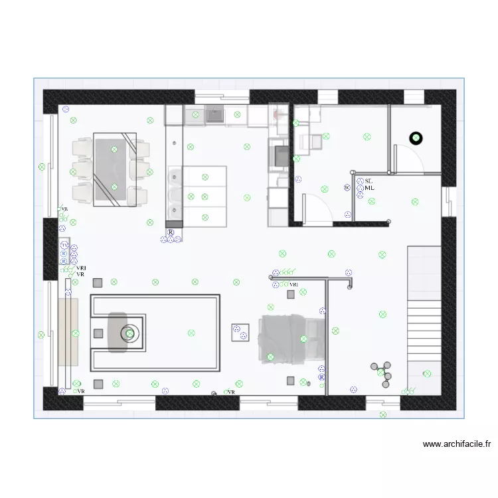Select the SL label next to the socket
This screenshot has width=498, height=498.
[x=369, y=181]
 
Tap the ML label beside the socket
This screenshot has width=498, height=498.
[x=370, y=188]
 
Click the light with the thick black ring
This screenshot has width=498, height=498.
[x=416, y=138]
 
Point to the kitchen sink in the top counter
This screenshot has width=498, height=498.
[x=215, y=116]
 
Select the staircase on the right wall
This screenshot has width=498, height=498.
[x=424, y=302]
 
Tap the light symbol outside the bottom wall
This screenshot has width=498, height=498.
[x=383, y=415]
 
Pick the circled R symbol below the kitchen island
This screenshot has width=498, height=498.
[x=171, y=233]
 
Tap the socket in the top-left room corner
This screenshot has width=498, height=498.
[x=65, y=110]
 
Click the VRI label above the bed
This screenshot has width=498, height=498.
[x=294, y=284]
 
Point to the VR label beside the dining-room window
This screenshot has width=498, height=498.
[x=64, y=208]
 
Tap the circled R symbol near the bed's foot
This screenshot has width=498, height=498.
[x=322, y=376]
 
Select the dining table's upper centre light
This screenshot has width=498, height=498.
[x=114, y=149]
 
